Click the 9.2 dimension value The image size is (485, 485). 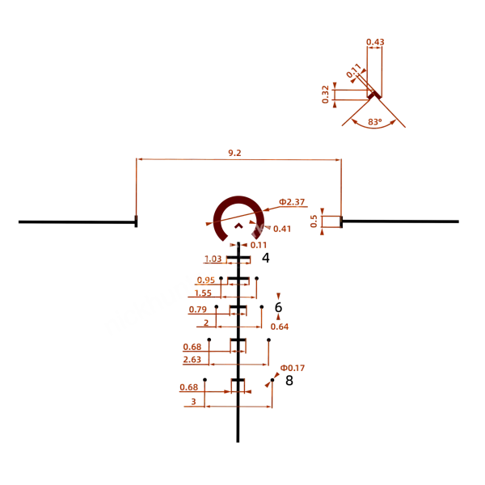234,153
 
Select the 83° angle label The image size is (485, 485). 375,122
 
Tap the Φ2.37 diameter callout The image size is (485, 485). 292,202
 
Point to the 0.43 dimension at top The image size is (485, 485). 375,42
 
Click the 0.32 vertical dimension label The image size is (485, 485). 325,95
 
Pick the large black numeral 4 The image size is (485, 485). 266,258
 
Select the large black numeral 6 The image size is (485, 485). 278,307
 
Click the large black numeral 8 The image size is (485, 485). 289,381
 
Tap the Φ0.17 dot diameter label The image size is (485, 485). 293,368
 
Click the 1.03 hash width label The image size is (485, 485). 213,259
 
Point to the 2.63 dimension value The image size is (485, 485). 192,360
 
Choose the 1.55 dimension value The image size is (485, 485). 203,293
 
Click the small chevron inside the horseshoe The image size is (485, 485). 238,226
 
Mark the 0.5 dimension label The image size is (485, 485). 314,221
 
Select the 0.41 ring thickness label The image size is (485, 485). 282,229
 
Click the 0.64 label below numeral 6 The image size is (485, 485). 280,327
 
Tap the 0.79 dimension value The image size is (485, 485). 198,310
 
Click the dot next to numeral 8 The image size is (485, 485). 272,380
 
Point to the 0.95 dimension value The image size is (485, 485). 205,280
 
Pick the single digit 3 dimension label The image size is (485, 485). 194,402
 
